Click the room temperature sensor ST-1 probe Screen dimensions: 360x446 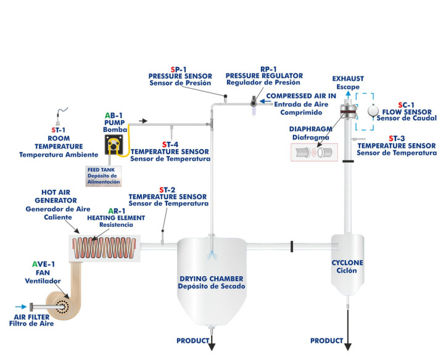[60, 113]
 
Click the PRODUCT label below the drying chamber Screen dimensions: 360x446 [193, 340]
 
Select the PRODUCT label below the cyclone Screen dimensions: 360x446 [326, 340]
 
